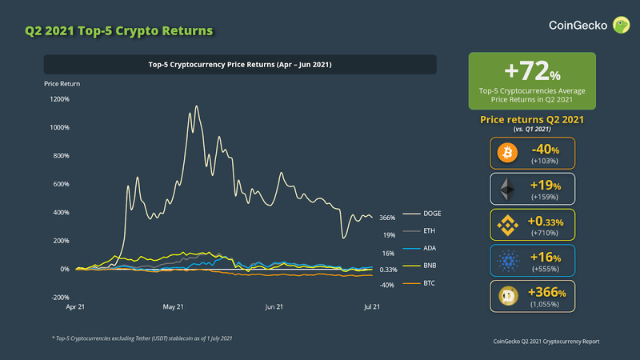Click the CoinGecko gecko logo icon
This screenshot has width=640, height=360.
[620, 26]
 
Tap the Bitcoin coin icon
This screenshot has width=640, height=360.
[506, 153]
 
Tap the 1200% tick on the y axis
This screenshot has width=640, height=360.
[59, 99]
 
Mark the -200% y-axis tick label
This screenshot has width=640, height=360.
[59, 298]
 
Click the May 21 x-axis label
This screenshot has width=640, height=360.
[174, 307]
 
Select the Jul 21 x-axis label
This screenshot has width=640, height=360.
[373, 307]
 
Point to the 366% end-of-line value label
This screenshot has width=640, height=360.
[388, 218]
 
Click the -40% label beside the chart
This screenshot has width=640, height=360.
[388, 285]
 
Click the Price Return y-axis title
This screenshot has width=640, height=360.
[62, 83]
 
